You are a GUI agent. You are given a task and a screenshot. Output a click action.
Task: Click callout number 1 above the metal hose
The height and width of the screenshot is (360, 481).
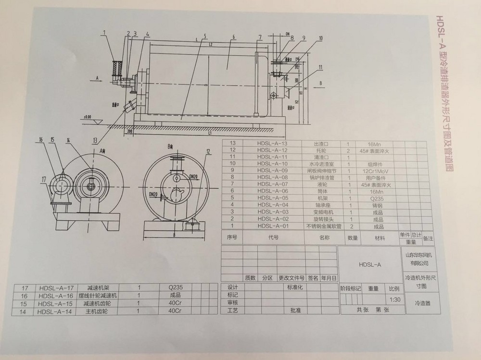coord(104,33)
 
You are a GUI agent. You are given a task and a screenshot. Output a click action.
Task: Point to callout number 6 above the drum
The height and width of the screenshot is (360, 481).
coord(232,37)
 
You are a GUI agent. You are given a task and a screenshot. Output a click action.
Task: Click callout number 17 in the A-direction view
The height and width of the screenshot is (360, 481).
coord(44,180)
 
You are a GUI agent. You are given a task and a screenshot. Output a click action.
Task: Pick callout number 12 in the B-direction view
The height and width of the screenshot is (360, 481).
coord(208,151)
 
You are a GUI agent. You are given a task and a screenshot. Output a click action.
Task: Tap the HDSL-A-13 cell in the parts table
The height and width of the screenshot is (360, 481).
coord(272,143)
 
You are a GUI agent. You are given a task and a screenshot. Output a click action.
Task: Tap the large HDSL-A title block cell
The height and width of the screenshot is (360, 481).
coord(370,264)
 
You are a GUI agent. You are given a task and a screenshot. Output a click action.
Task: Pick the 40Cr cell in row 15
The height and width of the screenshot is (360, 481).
coord(174,303)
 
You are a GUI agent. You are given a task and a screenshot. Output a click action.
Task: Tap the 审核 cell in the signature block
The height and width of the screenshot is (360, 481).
coord(233,303)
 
